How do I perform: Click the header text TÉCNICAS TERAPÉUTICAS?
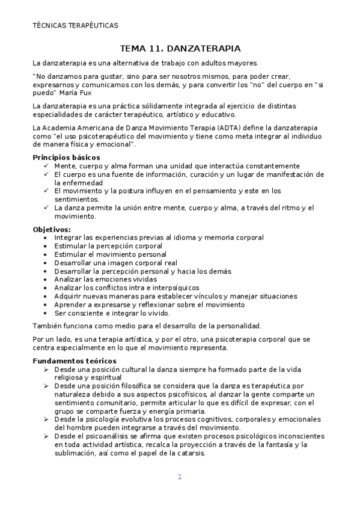click(x=75, y=26)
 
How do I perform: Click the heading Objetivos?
click(x=51, y=229)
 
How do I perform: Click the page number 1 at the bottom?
click(x=180, y=477)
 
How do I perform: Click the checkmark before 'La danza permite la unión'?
click(x=47, y=208)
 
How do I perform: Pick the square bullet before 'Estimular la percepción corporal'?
click(x=46, y=246)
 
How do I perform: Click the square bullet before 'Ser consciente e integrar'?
click(x=46, y=313)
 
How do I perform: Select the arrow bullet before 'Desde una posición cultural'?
click(x=46, y=369)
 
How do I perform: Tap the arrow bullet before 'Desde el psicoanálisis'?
click(x=46, y=436)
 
